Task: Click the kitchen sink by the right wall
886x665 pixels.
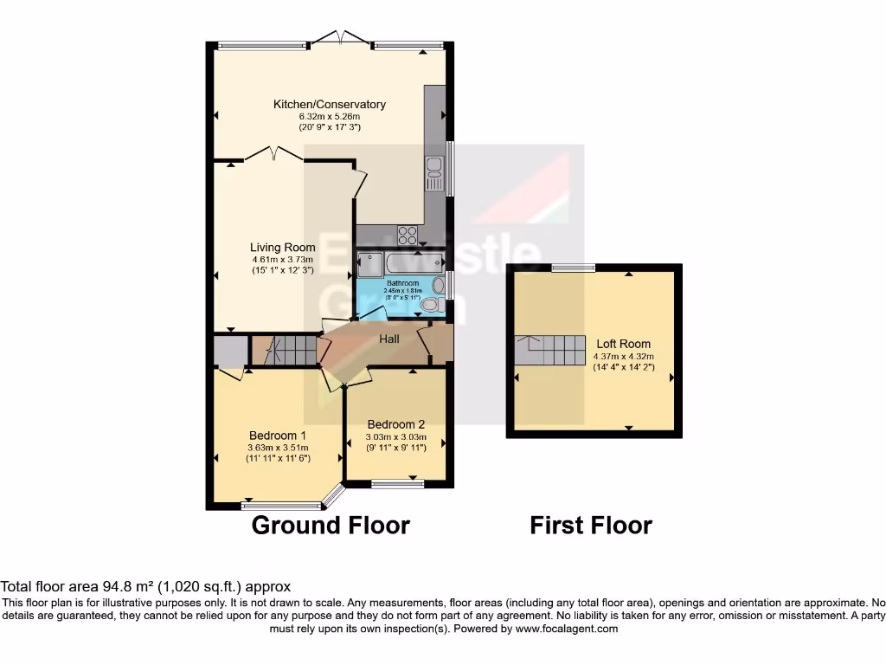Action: [x=433, y=173]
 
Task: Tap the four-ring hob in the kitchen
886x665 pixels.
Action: [x=407, y=235]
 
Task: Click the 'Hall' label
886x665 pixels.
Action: [x=389, y=339]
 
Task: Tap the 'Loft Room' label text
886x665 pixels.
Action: [x=622, y=344]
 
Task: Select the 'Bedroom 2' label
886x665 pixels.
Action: [x=395, y=424]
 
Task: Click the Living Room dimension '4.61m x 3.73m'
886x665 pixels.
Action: [x=282, y=259]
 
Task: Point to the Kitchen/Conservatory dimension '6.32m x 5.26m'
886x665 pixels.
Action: [x=329, y=116]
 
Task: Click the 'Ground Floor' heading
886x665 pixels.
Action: [x=331, y=525]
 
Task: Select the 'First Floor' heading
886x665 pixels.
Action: [x=591, y=525]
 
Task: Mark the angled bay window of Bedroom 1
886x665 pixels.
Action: [x=332, y=496]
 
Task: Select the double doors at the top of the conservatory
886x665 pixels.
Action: [x=339, y=38]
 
